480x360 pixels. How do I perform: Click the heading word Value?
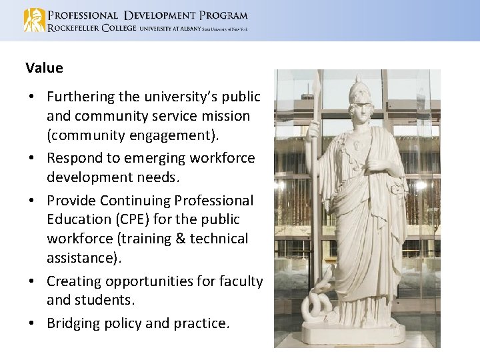(x=44, y=68)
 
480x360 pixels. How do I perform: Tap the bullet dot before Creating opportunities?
(x=32, y=281)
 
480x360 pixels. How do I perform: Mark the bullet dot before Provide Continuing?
(x=32, y=201)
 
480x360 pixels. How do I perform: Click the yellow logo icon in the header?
(x=34, y=20)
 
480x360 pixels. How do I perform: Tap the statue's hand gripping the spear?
(x=314, y=131)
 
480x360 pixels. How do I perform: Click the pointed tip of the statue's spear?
(x=318, y=80)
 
